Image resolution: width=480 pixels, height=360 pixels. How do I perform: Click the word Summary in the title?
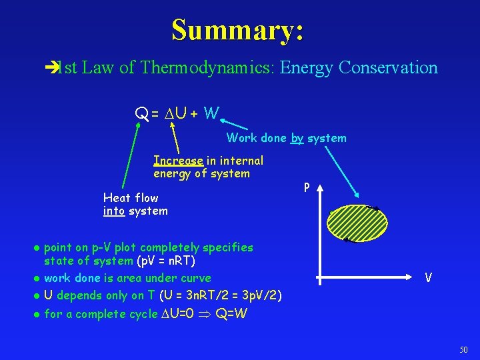click(x=237, y=30)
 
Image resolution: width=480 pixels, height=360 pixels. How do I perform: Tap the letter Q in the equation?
click(x=142, y=115)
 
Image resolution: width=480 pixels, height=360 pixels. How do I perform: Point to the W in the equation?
click(x=211, y=114)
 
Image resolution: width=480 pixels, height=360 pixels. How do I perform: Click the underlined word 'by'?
click(x=297, y=139)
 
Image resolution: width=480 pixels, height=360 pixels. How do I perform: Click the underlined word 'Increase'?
click(x=178, y=161)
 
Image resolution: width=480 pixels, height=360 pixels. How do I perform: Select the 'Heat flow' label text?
click(x=131, y=198)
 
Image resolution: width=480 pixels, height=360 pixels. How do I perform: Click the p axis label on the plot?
click(x=306, y=188)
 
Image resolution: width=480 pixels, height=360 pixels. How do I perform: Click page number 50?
click(x=464, y=350)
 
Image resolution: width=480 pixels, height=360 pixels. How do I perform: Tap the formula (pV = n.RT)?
click(x=165, y=261)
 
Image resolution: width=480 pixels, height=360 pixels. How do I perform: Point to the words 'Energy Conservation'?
click(x=359, y=68)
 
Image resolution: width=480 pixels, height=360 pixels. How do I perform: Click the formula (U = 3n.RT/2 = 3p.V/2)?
click(x=210, y=295)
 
